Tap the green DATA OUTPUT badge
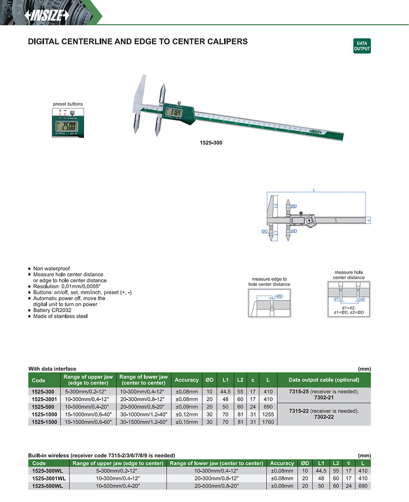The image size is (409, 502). [x=362, y=46]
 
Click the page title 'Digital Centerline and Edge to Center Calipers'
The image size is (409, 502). [x=138, y=41]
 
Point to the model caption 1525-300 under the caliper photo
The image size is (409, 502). [x=211, y=143]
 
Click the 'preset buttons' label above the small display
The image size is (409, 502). [x=68, y=104]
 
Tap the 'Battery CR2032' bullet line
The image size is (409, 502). [x=53, y=310]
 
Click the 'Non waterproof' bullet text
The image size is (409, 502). [x=51, y=269]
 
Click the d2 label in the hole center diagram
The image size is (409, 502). [x=362, y=299]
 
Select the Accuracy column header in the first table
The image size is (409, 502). [x=186, y=380]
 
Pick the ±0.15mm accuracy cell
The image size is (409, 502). [x=186, y=422]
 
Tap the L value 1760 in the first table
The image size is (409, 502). [x=268, y=422]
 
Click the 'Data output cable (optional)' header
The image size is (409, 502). [x=324, y=380]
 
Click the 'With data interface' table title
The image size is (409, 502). [x=52, y=369]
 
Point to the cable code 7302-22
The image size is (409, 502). [x=324, y=417]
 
